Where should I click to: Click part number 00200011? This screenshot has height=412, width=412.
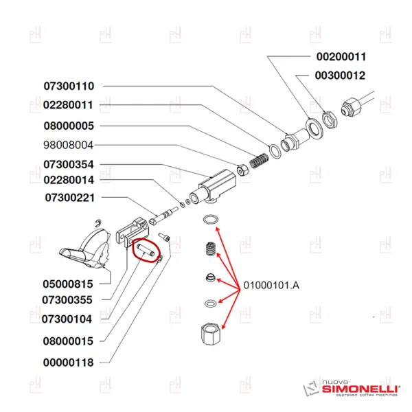tap(341, 57)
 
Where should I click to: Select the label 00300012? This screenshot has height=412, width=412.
tap(340, 76)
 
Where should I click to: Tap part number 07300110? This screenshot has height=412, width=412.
tap(69, 87)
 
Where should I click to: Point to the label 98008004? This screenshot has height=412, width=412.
tap(68, 145)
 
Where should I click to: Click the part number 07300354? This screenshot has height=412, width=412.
tap(69, 165)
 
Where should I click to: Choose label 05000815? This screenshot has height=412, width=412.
tap(68, 284)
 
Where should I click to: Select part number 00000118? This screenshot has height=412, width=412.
tap(68, 363)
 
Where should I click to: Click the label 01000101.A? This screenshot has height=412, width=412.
tap(271, 285)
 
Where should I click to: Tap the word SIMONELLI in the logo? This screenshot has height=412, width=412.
tap(360, 389)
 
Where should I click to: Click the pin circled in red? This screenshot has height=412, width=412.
tap(146, 250)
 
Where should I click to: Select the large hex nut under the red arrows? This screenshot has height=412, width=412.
tap(210, 334)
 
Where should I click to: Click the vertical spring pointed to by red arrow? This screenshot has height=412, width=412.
tap(211, 249)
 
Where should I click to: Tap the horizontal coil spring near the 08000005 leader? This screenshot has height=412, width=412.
tap(259, 161)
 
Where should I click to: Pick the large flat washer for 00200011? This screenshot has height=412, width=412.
tap(314, 128)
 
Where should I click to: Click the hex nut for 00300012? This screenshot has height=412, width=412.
tap(330, 119)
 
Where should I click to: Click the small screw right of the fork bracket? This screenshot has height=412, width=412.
tap(164, 237)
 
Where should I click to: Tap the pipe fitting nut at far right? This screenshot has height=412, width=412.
tap(352, 107)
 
